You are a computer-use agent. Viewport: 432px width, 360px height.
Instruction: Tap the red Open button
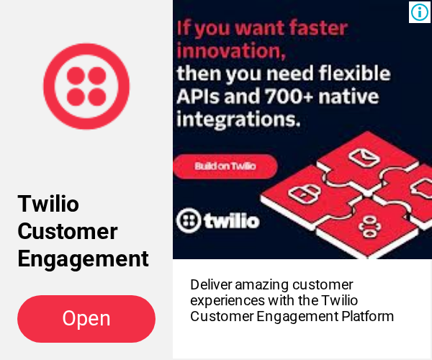click(86, 319)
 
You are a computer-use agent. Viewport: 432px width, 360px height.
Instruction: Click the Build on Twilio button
click(225, 166)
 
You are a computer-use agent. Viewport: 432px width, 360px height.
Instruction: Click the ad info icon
click(420, 12)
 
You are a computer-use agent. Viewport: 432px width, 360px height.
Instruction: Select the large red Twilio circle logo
click(86, 86)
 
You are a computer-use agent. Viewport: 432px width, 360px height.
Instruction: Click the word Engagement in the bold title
click(84, 259)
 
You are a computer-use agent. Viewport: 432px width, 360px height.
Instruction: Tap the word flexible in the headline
click(354, 73)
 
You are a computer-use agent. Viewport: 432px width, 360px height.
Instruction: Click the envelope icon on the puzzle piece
click(364, 157)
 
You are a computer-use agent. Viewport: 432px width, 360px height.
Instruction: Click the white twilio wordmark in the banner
click(232, 220)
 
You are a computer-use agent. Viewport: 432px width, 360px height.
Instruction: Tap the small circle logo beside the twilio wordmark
click(189, 220)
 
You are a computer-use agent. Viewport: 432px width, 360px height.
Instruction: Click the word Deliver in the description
click(211, 285)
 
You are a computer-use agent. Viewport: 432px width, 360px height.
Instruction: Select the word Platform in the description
click(367, 316)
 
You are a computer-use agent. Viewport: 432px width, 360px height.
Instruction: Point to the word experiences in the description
click(228, 301)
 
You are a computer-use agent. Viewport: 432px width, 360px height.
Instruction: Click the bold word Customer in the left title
click(68, 231)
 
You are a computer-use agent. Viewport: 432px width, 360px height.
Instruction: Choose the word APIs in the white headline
click(199, 96)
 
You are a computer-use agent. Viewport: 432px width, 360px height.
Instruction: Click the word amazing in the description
click(262, 285)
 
